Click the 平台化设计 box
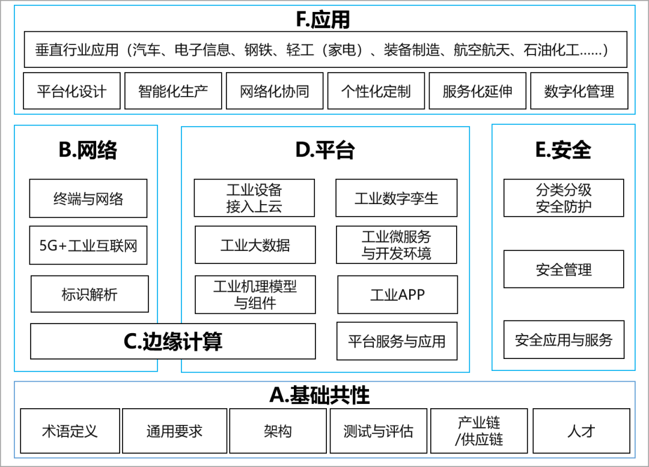coord(72,91)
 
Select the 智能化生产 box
coord(173,91)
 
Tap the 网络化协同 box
coord(275,91)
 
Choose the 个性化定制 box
coord(376,91)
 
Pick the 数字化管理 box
coord(579,91)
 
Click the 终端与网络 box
coord(88,199)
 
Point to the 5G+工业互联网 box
coord(88,246)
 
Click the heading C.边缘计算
coord(173,342)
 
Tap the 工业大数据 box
coord(255,245)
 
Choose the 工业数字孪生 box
coord(396,199)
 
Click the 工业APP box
coord(397,295)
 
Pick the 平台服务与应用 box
coord(397,342)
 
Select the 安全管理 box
coord(564,270)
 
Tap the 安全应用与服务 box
coord(564,340)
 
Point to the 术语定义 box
coord(70,431)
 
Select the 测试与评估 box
coord(378,431)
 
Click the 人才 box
coord(581,431)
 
